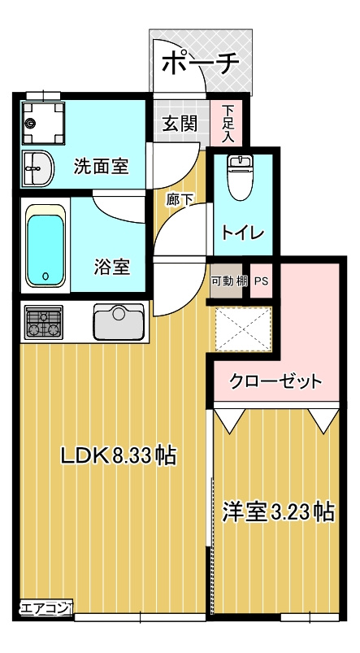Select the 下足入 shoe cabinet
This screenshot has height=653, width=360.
[228, 124]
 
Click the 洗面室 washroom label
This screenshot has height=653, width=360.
[101, 167]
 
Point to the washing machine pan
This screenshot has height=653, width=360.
[42, 123]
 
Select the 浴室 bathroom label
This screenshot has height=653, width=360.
[112, 266]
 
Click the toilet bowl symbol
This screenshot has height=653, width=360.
[240, 179]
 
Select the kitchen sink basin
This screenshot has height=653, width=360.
[118, 323]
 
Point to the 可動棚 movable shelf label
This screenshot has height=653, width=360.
[228, 281]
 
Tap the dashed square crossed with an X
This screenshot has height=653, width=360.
[241, 329]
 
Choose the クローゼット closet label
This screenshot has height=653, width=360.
[275, 381]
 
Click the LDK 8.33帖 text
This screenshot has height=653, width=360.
[119, 455]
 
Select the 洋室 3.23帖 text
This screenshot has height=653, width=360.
[279, 512]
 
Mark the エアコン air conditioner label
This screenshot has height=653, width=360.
[46, 606]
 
